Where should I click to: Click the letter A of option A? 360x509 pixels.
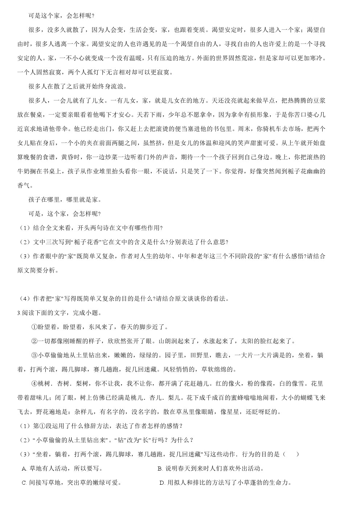(24, 469)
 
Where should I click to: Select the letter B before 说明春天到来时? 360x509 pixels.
(160, 469)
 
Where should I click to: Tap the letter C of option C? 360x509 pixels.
(24, 483)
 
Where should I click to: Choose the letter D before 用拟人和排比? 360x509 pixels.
(161, 483)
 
